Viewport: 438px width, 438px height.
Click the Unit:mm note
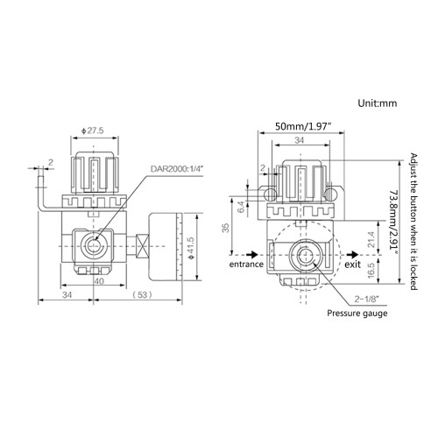coord(378,103)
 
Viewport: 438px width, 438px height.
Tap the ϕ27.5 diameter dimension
coord(93,131)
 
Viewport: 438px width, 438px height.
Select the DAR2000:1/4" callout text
coord(177,169)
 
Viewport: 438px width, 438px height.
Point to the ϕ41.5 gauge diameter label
coord(191,248)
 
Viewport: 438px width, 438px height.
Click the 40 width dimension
coord(99,281)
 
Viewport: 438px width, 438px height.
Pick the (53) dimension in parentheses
coord(143,295)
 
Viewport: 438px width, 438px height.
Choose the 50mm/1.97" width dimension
coord(304,126)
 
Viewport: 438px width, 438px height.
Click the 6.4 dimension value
coord(241,207)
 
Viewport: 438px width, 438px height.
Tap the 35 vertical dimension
coord(226,228)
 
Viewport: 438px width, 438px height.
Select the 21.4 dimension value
coord(371,239)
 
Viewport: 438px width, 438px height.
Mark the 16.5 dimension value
coord(371,270)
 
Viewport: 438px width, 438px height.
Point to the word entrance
coord(246,265)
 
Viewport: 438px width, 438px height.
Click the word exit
coord(353,265)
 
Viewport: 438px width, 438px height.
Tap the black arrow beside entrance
coord(252,254)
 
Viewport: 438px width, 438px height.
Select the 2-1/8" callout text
coord(366,299)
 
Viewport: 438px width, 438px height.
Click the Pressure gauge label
coord(357,314)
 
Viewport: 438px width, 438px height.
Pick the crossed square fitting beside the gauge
coord(143,246)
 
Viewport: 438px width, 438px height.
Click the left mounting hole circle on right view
coord(270,194)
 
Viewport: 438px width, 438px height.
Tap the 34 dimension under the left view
coord(67,295)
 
